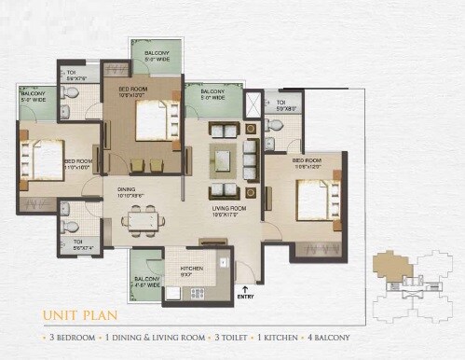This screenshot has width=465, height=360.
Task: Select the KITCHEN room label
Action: (191, 270)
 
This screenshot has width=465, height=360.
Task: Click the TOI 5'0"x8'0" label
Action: (284, 104)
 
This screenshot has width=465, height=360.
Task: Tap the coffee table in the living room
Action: (225, 156)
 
